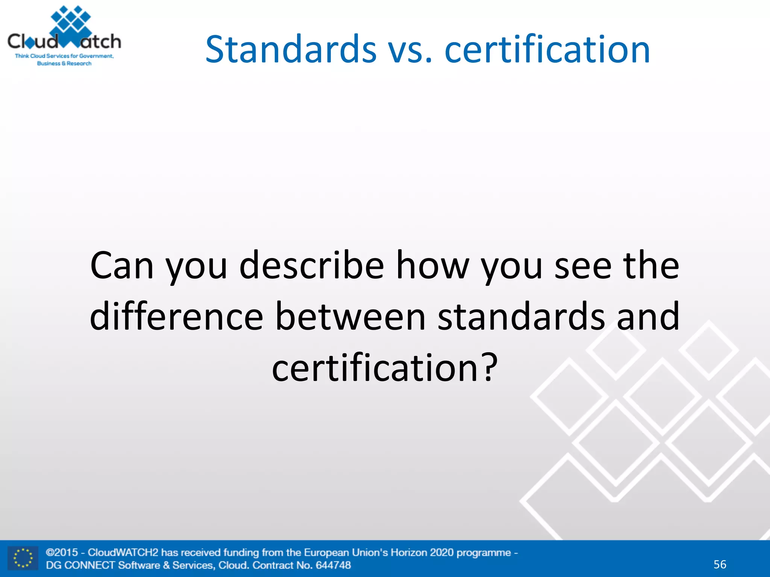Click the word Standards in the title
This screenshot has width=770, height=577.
(291, 49)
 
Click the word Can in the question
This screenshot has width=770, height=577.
(122, 266)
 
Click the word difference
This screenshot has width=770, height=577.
(176, 316)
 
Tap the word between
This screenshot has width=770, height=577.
(350, 316)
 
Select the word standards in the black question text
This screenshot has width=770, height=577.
(521, 316)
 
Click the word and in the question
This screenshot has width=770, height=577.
(648, 316)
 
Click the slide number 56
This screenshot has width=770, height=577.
(720, 564)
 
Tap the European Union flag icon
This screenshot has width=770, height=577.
(23, 558)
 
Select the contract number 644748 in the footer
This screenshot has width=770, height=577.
(333, 565)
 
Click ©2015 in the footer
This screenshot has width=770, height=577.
(62, 553)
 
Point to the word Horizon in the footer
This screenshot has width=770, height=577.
(409, 553)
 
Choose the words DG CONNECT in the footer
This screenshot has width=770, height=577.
(80, 565)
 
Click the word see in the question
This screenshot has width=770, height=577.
(583, 266)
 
